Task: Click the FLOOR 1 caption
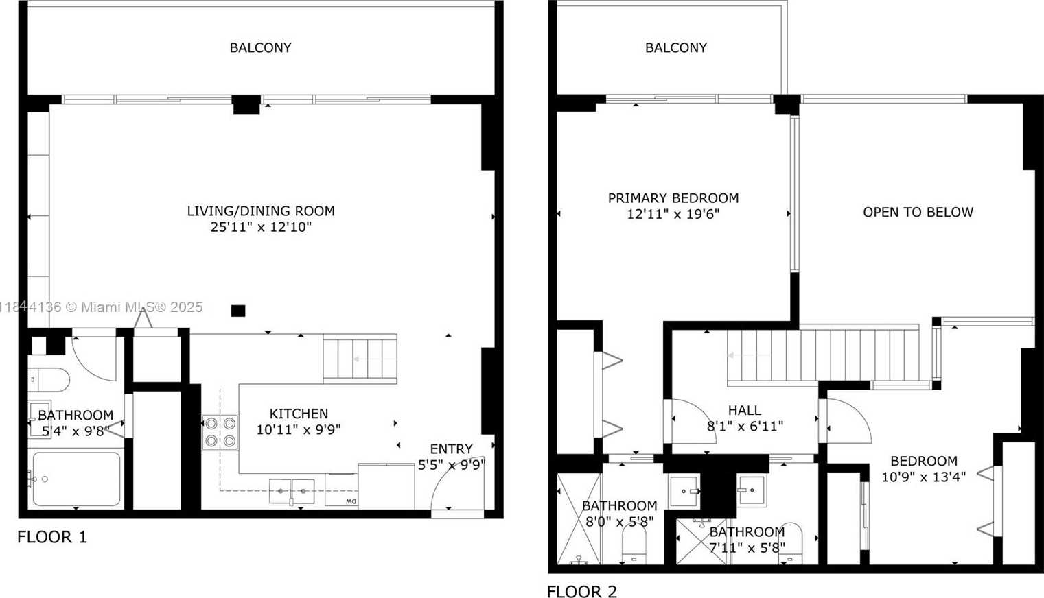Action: click(x=51, y=537)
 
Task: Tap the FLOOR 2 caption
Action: click(x=581, y=591)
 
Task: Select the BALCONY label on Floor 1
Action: click(x=261, y=47)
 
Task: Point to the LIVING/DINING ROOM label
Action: click(x=261, y=211)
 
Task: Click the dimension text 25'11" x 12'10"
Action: click(x=261, y=227)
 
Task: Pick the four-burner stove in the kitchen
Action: click(x=220, y=432)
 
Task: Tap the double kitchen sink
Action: click(x=292, y=492)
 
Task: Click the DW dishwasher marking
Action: click(x=351, y=501)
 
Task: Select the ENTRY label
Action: click(x=451, y=449)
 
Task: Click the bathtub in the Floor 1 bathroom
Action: click(x=76, y=479)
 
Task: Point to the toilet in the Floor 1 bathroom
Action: click(x=49, y=379)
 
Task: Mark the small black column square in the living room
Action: click(x=238, y=311)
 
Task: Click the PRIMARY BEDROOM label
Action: click(x=673, y=198)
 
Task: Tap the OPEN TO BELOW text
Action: click(x=918, y=213)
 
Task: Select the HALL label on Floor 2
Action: click(x=745, y=410)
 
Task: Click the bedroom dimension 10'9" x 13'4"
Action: click(x=924, y=477)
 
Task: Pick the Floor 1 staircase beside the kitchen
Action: click(x=360, y=359)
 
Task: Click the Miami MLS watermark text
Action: click(x=101, y=307)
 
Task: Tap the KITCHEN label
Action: click(x=299, y=414)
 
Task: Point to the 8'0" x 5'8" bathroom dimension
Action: click(x=619, y=522)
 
